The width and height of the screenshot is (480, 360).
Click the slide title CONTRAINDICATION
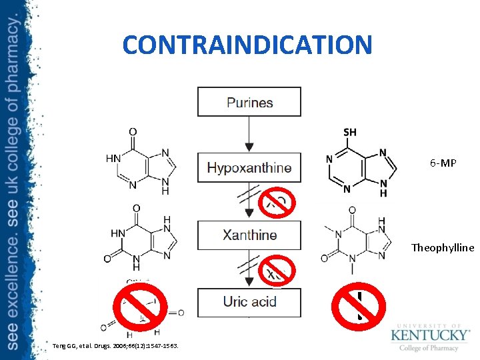click(x=247, y=45)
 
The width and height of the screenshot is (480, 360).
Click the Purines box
click(x=249, y=102)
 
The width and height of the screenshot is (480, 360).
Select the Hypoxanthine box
click(x=249, y=167)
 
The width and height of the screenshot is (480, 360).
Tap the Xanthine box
click(x=249, y=235)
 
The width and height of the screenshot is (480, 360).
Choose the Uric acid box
click(x=249, y=302)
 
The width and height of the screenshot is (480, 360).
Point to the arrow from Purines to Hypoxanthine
click(x=249, y=134)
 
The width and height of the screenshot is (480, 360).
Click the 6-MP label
click(x=443, y=163)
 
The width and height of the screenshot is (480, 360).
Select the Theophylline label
click(x=443, y=248)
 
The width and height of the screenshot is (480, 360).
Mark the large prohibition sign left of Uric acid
click(x=139, y=307)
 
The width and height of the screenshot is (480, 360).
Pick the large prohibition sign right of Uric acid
click(x=359, y=307)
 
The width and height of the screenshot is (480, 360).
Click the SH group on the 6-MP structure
click(x=349, y=132)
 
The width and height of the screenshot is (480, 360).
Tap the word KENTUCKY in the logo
click(x=430, y=334)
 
